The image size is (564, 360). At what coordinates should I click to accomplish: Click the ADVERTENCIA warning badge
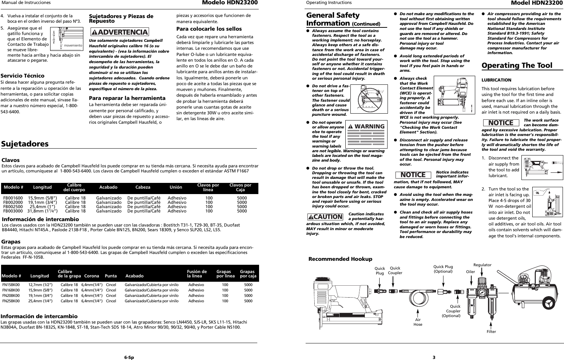120,32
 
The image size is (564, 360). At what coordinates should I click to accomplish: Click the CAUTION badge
325,216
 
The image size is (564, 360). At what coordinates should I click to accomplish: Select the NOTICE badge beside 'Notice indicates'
413,175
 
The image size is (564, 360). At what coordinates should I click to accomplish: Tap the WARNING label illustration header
366,126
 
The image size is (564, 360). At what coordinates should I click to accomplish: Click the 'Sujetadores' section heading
25,144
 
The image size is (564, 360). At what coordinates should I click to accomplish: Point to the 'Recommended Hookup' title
340,259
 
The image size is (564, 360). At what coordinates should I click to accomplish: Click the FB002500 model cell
13,207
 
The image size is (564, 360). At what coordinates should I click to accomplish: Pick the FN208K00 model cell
11,295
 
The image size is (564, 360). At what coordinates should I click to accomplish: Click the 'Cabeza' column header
143,187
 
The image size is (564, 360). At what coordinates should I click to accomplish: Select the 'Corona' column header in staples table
91,276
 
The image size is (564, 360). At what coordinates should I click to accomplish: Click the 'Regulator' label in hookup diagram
482,265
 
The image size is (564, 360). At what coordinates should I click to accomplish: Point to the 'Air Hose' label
417,322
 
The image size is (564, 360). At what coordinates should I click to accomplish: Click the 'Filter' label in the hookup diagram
491,332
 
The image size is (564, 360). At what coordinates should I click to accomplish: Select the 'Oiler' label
471,271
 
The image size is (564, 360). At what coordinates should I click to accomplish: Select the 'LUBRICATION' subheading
497,80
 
